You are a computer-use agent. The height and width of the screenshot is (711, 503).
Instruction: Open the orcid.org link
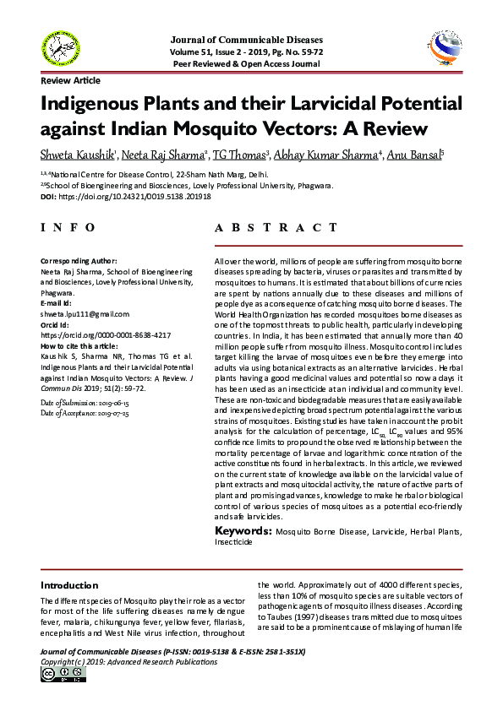[x=106, y=335]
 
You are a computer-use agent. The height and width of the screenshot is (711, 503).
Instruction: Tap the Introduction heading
[x=70, y=585]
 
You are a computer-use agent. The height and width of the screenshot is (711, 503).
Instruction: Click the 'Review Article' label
[x=71, y=80]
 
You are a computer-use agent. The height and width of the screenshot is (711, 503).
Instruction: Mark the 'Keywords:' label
[x=242, y=530]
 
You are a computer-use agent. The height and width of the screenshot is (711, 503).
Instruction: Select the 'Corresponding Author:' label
[x=79, y=262]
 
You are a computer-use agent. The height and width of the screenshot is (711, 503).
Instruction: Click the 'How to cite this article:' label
[x=80, y=346]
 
